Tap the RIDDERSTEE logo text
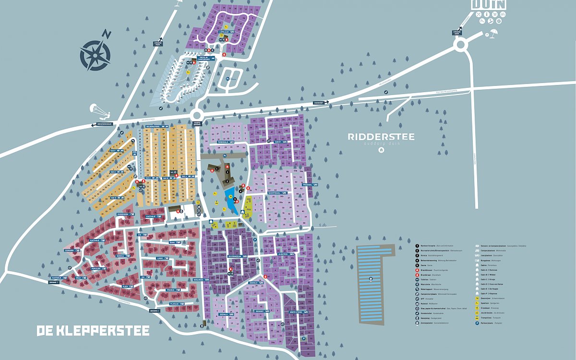pos(381,137)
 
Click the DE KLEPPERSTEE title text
pos(93,331)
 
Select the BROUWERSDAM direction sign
pos(104,124)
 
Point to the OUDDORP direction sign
pos(319,102)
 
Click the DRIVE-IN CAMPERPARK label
pos(205,59)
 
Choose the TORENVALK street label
pos(223,142)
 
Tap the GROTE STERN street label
pos(296,312)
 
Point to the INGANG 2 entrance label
pos(154,311)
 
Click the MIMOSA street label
pos(120,256)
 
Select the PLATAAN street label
pos(174,304)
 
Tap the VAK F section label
pos(113,151)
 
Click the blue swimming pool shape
pos(231,202)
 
